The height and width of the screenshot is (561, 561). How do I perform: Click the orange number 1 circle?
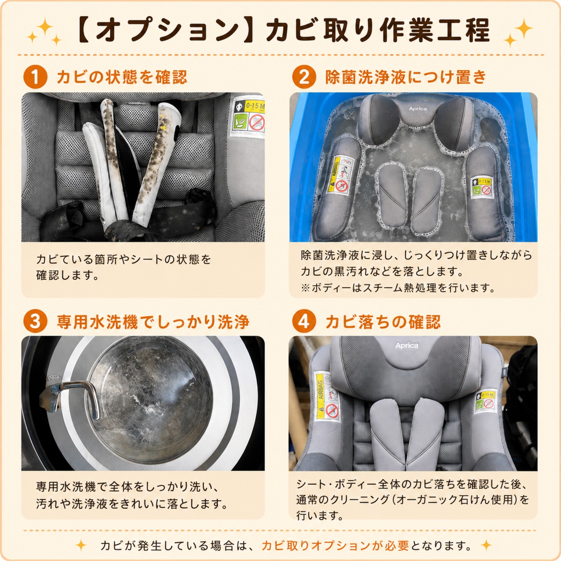point(35,77)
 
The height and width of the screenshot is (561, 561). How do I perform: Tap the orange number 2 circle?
point(304,77)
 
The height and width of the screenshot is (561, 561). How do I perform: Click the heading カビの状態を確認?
point(122,77)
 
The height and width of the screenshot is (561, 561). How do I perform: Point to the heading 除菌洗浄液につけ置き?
point(405,77)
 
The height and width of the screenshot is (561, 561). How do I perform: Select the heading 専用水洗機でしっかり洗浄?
point(153,322)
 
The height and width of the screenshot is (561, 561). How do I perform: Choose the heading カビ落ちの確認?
point(383,322)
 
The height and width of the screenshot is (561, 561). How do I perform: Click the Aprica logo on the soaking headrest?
point(418,109)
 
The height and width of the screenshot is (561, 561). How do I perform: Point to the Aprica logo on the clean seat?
point(406,345)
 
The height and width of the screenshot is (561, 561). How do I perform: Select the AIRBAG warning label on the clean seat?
point(328,397)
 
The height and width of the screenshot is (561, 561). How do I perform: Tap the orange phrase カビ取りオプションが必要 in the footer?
point(335,545)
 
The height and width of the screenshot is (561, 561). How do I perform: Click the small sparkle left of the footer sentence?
point(81,545)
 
